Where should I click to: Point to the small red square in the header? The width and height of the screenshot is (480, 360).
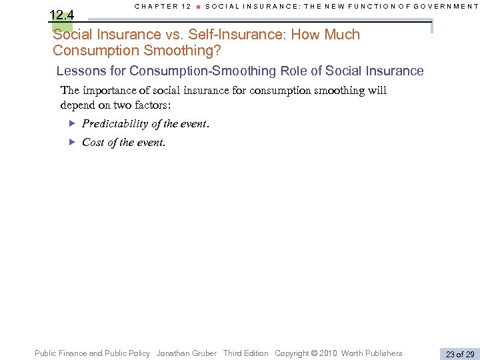[198, 7]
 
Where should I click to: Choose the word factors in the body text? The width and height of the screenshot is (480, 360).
[149, 105]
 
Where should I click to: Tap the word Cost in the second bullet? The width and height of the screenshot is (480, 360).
[93, 142]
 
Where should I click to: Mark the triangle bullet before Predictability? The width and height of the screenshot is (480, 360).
[73, 123]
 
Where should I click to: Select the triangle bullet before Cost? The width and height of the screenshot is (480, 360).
[73, 141]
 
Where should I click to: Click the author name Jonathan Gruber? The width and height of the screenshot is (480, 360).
[187, 353]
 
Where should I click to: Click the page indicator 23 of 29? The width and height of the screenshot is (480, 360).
[460, 354]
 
